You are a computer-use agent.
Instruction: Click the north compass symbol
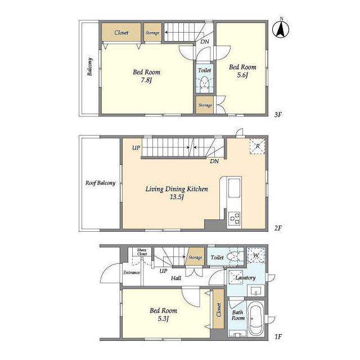(281, 29)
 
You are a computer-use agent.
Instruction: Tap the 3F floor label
(278, 115)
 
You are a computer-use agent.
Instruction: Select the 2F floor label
(278, 228)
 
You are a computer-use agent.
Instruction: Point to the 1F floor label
(278, 337)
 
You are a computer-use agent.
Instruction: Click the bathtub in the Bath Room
(256, 318)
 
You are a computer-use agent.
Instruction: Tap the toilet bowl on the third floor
(204, 83)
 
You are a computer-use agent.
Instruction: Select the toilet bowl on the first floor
(234, 256)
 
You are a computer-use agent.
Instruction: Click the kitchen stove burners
(234, 218)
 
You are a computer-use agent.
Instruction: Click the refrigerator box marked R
(258, 146)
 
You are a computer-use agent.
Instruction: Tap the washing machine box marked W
(256, 255)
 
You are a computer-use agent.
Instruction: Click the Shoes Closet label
(142, 252)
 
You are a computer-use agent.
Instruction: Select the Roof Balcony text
(100, 183)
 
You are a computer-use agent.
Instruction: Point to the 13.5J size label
(176, 197)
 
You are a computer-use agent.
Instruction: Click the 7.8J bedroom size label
(146, 80)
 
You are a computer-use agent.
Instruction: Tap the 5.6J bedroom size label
(242, 75)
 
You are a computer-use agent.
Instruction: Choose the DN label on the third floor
(205, 42)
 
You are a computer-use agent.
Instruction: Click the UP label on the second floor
(136, 148)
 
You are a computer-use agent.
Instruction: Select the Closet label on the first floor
(219, 310)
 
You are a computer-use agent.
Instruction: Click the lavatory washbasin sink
(256, 290)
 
